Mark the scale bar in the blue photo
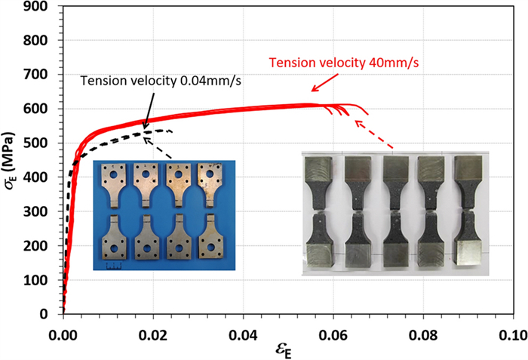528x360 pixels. (113, 266)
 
